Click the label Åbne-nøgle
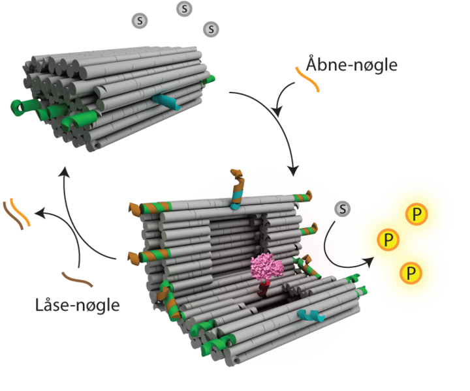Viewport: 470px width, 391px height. pyautogui.click(x=352, y=65)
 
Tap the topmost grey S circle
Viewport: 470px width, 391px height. pyautogui.click(x=185, y=8)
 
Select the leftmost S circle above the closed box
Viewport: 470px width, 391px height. pyautogui.click(x=139, y=21)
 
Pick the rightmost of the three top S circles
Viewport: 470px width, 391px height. pyautogui.click(x=211, y=29)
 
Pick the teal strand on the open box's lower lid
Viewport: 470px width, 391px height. pyautogui.click(x=311, y=316)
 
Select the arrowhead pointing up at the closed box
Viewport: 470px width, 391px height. pyautogui.click(x=64, y=171)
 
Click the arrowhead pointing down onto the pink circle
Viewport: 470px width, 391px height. pyautogui.click(x=293, y=171)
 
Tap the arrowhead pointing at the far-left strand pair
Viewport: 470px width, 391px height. pyautogui.click(x=38, y=212)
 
